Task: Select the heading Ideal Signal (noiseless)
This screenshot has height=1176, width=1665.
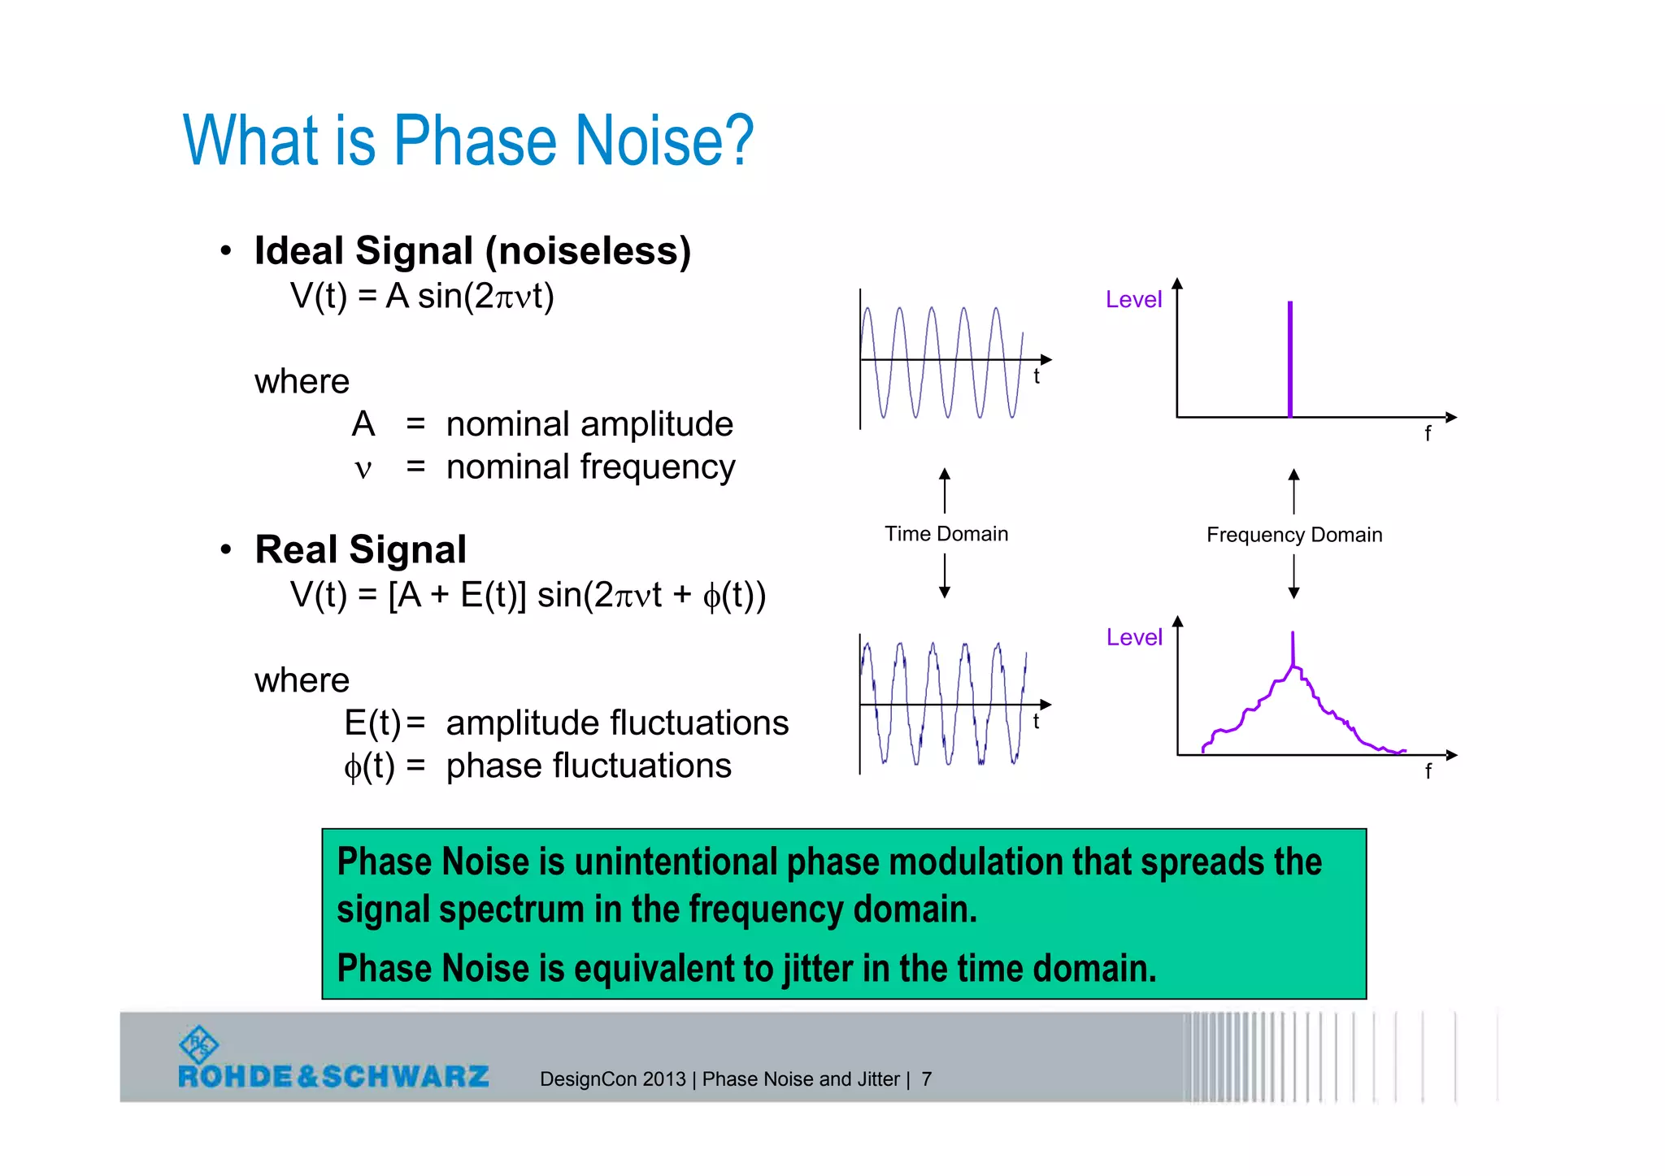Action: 472,250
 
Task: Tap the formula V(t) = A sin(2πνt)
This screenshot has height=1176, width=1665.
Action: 422,296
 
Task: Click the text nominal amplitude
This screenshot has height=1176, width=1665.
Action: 589,424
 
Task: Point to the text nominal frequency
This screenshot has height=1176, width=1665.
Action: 590,467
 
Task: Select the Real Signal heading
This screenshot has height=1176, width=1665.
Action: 360,549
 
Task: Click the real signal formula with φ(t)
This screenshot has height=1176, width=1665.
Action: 528,595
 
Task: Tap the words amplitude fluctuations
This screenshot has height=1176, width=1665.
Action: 617,723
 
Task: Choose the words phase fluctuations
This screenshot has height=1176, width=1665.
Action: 589,766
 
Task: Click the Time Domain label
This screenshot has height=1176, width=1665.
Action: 946,534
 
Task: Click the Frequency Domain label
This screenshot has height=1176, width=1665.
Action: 1293,535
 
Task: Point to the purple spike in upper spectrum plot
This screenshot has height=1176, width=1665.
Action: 1289,358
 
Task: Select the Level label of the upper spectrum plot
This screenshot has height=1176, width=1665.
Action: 1133,300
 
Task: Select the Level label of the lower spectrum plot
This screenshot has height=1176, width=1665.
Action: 1134,637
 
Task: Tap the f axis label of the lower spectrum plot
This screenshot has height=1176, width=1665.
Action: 1428,771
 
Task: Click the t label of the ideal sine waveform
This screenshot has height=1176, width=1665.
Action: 1037,376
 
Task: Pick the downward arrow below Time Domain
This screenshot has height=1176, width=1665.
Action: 945,577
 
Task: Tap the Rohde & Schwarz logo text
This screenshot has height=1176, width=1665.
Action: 333,1077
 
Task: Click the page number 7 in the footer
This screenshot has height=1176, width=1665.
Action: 926,1079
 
